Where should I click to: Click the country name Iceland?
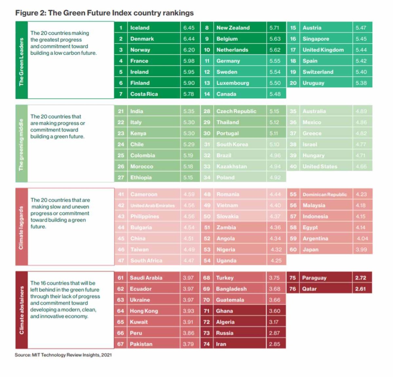pos(140,28)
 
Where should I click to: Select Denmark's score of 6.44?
pos(189,39)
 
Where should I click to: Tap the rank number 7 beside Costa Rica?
pos(121,94)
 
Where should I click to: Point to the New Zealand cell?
pos(233,28)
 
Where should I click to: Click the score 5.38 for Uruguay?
pos(361,83)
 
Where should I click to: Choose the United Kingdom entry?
pos(323,50)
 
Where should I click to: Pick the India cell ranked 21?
pos(137,111)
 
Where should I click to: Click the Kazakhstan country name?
pos(232,166)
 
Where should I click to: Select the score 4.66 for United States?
pos(361,166)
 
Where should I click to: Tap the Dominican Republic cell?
pos(324,195)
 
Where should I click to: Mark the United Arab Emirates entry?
pos(152,206)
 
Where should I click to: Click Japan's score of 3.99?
pos(361,250)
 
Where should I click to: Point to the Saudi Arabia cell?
pos(146,278)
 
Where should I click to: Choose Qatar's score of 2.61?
pos(361,289)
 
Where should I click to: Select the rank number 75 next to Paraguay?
pos(292,278)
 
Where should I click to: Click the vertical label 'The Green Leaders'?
pos(22,62)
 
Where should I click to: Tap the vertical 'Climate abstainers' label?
pos(22,310)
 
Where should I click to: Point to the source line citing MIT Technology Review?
pos(63,355)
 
